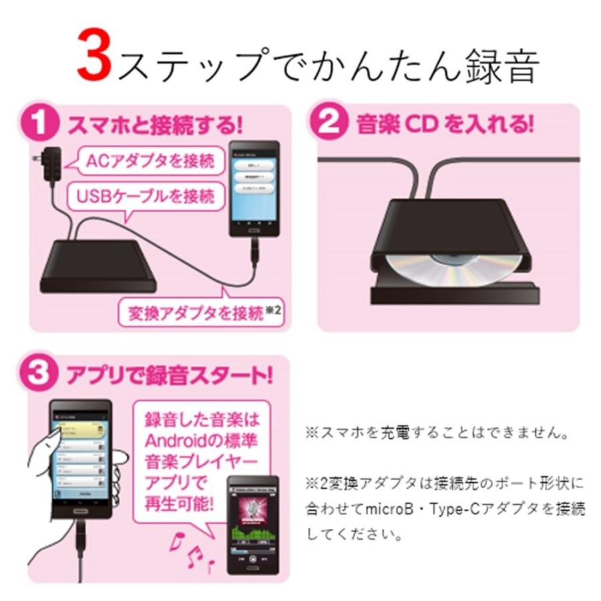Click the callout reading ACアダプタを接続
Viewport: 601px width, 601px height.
(x=150, y=161)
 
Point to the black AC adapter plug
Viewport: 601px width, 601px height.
(x=49, y=164)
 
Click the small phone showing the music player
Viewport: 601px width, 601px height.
(x=252, y=524)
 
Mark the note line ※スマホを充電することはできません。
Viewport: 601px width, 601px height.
(x=437, y=433)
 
